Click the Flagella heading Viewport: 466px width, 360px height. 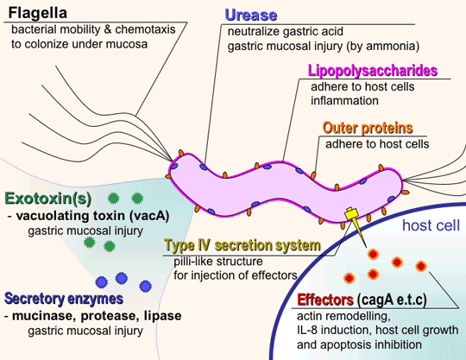point(37,13)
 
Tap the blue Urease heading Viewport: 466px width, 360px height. point(251,15)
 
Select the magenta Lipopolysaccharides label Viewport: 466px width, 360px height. point(373,71)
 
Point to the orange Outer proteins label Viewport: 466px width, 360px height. point(368,128)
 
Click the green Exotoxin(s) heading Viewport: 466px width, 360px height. point(48,199)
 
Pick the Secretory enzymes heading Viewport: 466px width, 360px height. point(64,299)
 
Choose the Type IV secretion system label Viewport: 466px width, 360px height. point(242,245)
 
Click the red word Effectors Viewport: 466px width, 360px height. point(325,300)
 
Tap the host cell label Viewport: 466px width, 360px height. point(431,225)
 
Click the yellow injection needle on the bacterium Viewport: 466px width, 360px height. point(356,224)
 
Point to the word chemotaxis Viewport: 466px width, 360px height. point(145,29)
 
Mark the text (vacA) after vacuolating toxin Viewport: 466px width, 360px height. point(149,216)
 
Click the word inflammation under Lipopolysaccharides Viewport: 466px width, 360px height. point(344,100)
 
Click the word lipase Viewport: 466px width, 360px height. point(162,315)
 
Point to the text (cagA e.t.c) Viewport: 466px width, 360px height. point(392,300)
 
